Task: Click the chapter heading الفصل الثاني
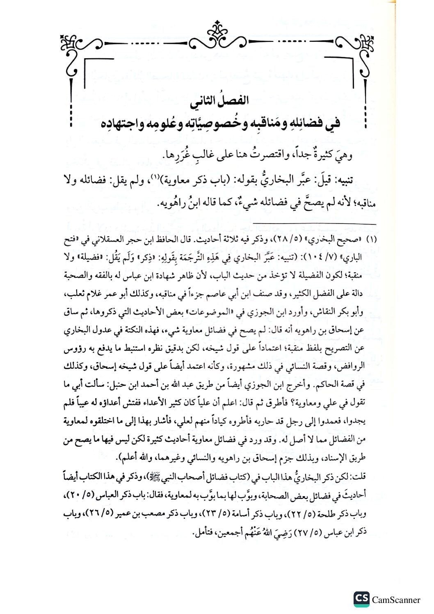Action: pyautogui.click(x=219, y=100)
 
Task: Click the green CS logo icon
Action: pyautogui.click(x=361, y=599)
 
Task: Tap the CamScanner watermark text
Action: pyautogui.click(x=396, y=600)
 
